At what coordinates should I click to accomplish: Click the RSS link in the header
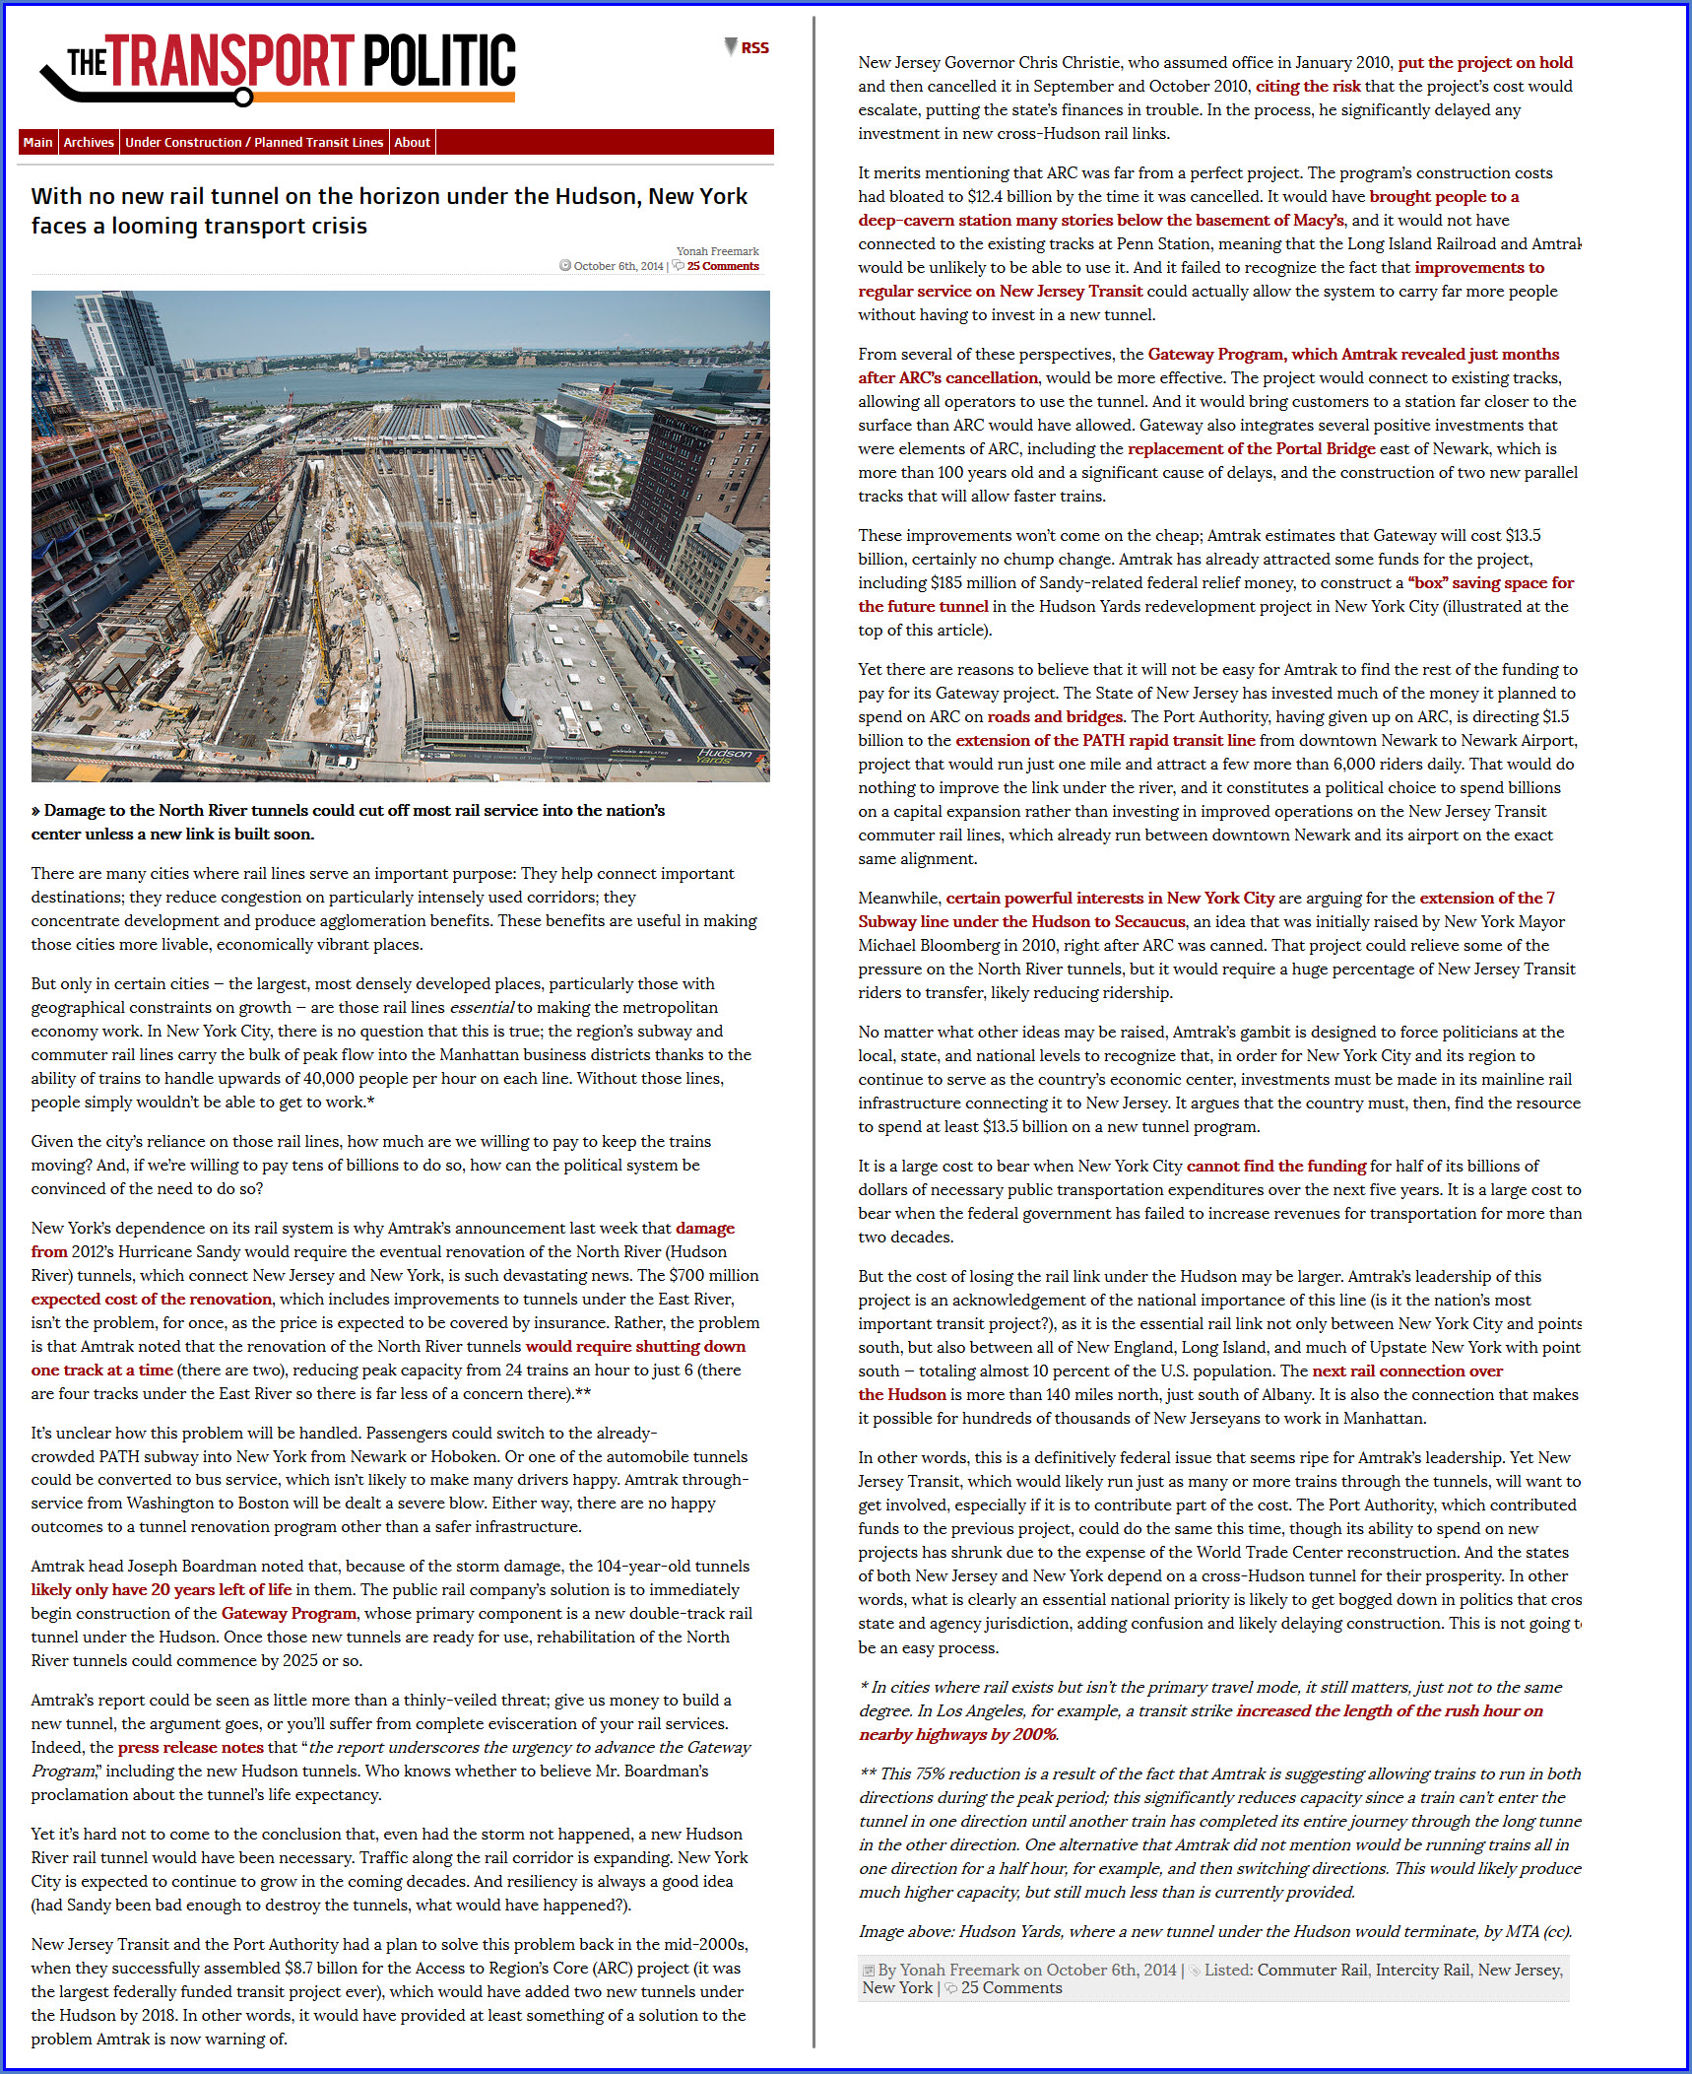click(x=754, y=48)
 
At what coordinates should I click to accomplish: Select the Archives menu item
click(x=89, y=143)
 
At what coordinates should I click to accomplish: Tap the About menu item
click(x=412, y=143)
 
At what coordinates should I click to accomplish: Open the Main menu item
click(x=37, y=143)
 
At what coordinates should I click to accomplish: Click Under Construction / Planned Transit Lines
click(x=254, y=143)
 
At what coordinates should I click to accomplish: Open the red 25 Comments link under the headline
click(x=723, y=266)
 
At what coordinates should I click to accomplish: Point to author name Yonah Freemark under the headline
click(x=717, y=251)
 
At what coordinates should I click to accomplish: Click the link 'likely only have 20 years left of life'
click(x=162, y=1589)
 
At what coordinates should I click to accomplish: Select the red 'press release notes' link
click(x=190, y=1747)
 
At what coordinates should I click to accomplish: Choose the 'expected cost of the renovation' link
click(x=151, y=1299)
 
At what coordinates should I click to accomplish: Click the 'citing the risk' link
click(x=1308, y=87)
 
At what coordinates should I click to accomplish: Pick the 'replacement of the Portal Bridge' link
click(x=1251, y=449)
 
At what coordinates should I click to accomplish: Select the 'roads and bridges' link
click(x=1055, y=717)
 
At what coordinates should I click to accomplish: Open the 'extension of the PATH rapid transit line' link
click(x=1105, y=741)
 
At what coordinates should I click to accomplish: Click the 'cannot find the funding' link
click(x=1275, y=1167)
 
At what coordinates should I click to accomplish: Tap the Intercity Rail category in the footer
click(x=1422, y=1970)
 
